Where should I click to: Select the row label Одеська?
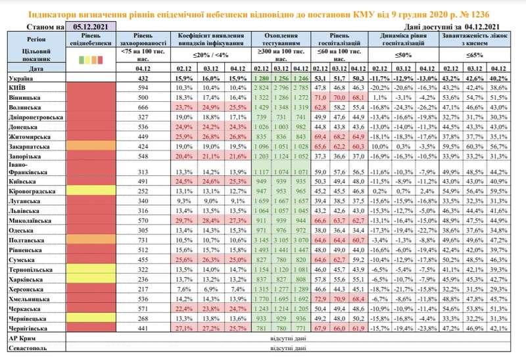click(22, 231)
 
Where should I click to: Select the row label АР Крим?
click(20, 337)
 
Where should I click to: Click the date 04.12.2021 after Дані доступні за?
click(479, 26)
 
